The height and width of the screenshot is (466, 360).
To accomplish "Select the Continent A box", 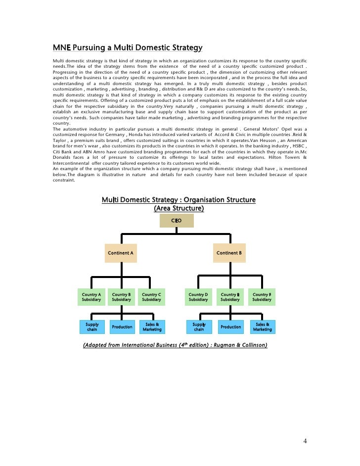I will [x=121, y=253].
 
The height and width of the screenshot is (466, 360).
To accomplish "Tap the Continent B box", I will [x=229, y=253].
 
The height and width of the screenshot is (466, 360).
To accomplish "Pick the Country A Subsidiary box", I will [x=91, y=297].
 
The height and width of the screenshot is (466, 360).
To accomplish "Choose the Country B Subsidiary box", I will [x=122, y=297].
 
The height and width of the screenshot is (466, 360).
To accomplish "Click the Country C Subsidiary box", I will [x=151, y=297].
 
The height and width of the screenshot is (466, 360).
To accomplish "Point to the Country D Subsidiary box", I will [x=198, y=297].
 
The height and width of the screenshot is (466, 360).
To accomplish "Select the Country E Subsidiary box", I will [x=230, y=297].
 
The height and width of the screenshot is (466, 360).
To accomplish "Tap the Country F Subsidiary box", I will [x=262, y=297].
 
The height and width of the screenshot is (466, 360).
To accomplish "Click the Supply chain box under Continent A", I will [x=92, y=326].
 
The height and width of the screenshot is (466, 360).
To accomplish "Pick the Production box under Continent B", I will [x=230, y=326].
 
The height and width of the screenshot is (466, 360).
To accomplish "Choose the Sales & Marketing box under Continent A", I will [x=152, y=326].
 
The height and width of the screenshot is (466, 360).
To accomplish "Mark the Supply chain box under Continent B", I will [x=199, y=326].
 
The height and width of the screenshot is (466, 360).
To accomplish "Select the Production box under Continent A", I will [x=122, y=326].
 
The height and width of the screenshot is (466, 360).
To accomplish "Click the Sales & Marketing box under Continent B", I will [x=262, y=326].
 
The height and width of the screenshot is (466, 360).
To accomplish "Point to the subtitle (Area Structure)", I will [x=179, y=208].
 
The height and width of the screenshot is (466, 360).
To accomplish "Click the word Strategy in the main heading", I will [x=185, y=48].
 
